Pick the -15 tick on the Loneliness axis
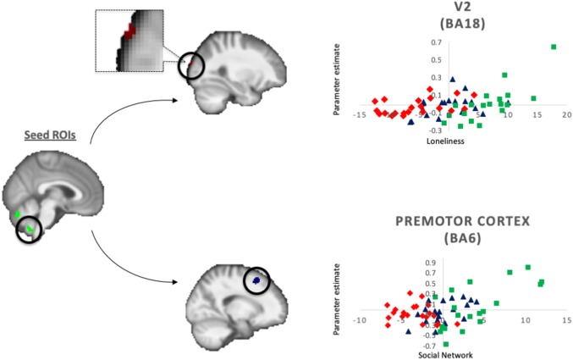[x=360, y=114]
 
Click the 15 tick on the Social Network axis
[x=565, y=319]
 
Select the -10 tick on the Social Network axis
[x=359, y=319]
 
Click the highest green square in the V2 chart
[x=554, y=47]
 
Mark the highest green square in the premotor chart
[x=527, y=268]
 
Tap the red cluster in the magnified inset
[x=129, y=30]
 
